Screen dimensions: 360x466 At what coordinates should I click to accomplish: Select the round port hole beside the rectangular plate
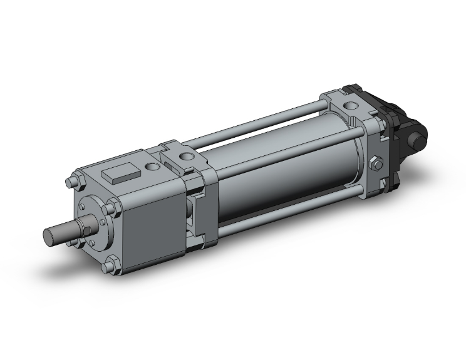152,167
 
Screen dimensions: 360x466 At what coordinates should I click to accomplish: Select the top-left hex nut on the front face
71,184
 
